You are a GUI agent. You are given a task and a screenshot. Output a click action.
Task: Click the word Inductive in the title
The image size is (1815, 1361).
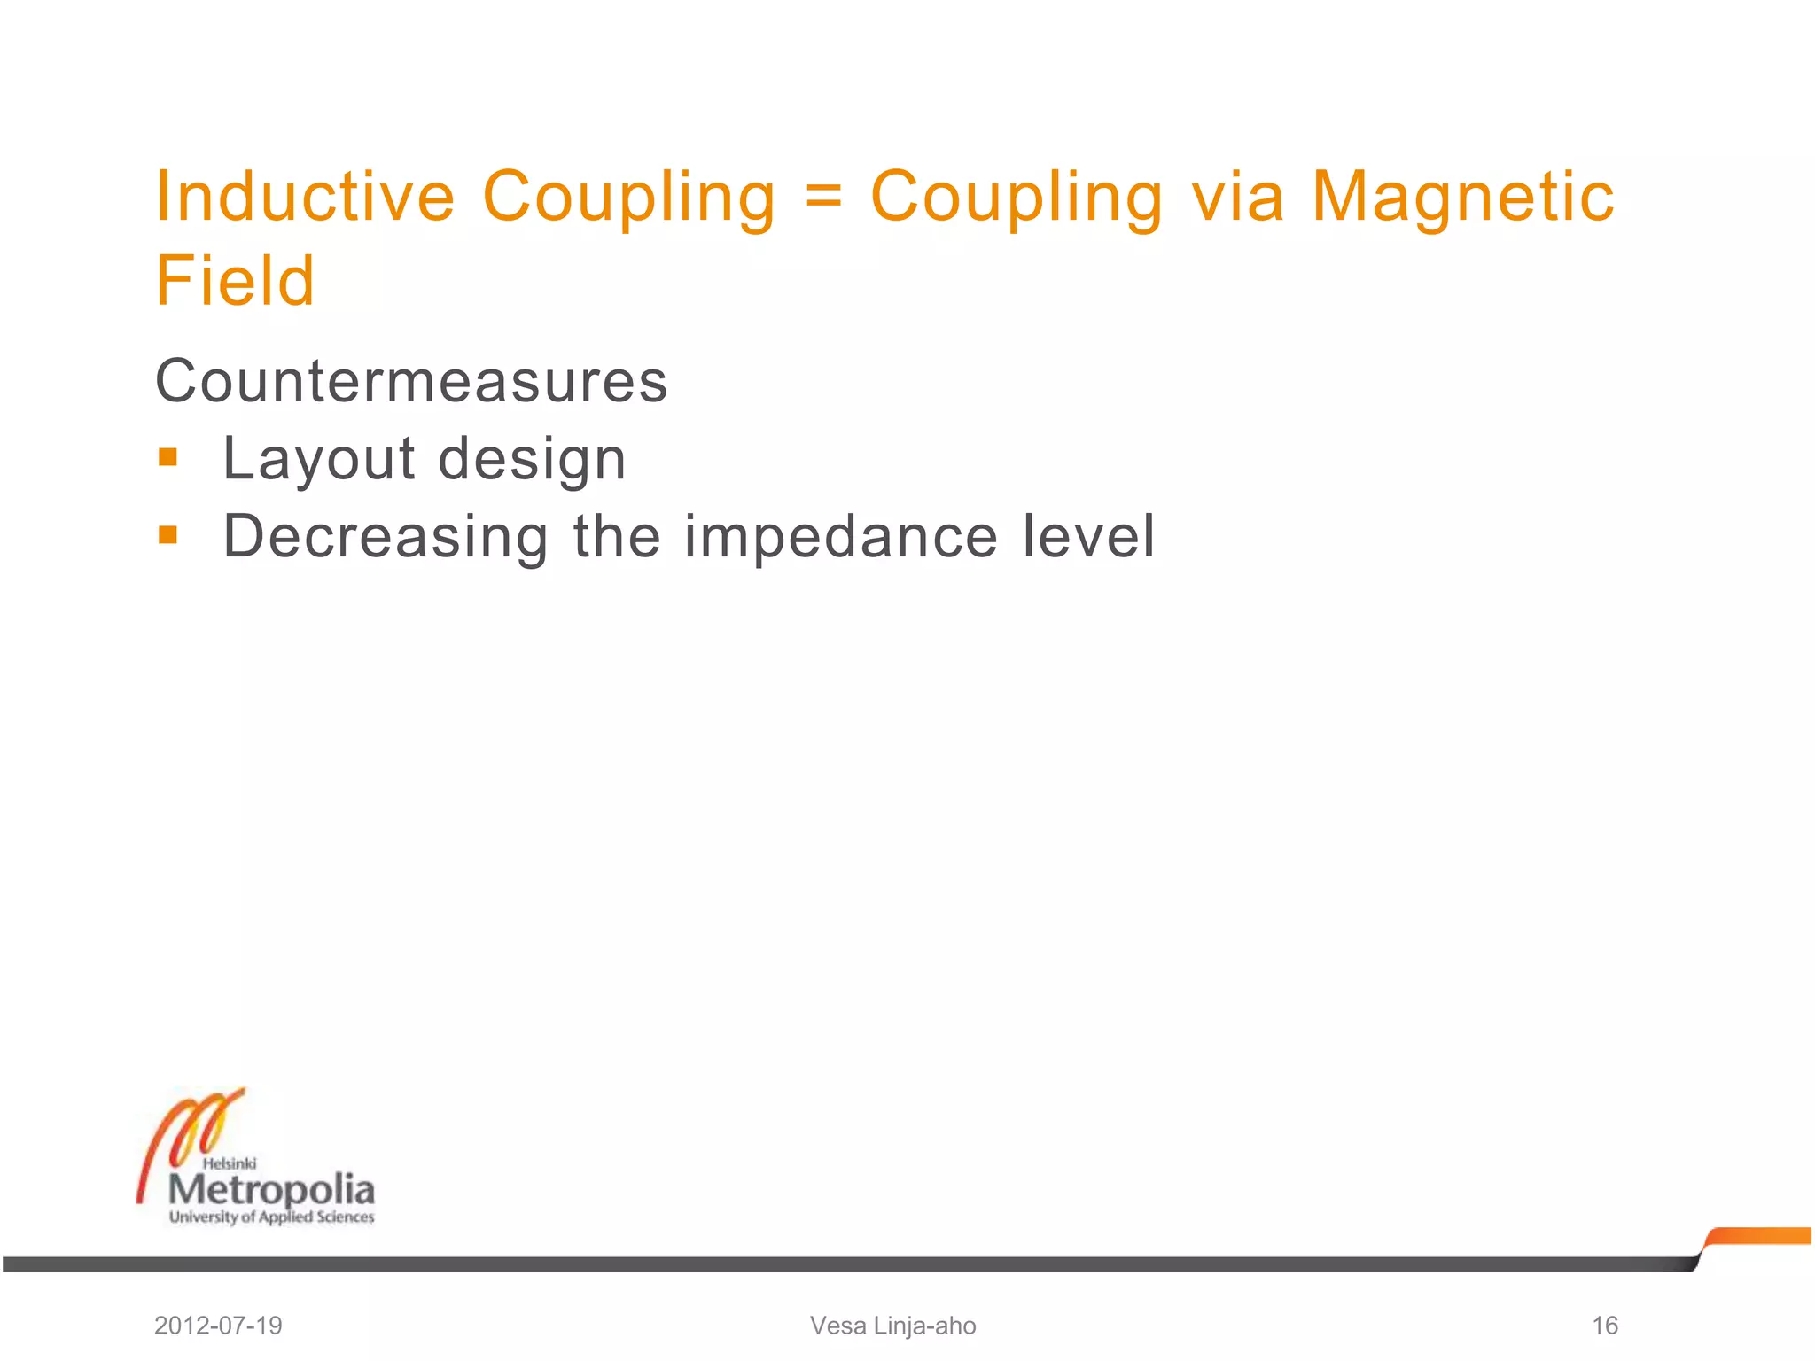(x=305, y=196)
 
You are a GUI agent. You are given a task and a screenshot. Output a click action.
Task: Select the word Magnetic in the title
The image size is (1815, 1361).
(x=1462, y=196)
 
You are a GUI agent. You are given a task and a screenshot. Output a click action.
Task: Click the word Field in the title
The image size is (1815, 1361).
(x=235, y=281)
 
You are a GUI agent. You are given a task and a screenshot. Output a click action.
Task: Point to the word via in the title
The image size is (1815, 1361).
(x=1237, y=196)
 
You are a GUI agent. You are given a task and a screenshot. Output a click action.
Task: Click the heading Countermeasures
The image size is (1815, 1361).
(x=411, y=381)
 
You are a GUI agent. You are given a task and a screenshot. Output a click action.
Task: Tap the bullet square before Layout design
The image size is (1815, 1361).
(x=167, y=457)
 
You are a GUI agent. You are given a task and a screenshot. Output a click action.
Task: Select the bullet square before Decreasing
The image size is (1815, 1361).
(x=167, y=534)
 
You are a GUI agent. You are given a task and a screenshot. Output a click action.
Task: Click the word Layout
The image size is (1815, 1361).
(x=319, y=459)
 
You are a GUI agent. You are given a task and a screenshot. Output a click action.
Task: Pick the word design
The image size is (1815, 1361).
(x=532, y=459)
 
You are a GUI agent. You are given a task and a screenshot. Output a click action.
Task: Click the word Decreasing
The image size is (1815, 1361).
(x=386, y=537)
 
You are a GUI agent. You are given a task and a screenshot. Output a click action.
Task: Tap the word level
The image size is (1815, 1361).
(x=1088, y=536)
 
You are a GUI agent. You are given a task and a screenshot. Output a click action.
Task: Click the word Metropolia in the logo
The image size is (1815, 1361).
(x=271, y=1190)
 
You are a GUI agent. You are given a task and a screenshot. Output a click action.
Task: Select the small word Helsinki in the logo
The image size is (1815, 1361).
(x=230, y=1163)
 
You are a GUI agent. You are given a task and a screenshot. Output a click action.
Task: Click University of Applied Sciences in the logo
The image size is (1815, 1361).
(x=271, y=1217)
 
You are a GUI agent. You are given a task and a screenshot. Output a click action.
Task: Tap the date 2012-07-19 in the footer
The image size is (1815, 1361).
(x=218, y=1326)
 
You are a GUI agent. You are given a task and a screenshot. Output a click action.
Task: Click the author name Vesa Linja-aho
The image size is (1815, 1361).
(x=892, y=1326)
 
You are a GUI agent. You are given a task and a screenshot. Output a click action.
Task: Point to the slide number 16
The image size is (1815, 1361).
(x=1605, y=1326)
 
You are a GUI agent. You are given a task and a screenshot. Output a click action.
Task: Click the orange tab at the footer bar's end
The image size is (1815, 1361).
(x=1759, y=1236)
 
